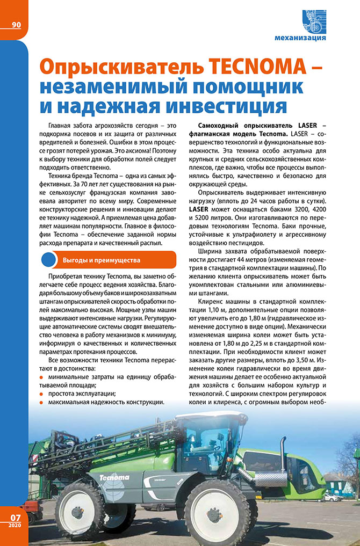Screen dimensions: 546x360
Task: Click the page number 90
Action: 16,25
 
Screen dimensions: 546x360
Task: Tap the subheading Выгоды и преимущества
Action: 101,260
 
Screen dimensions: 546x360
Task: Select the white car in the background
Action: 334,496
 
